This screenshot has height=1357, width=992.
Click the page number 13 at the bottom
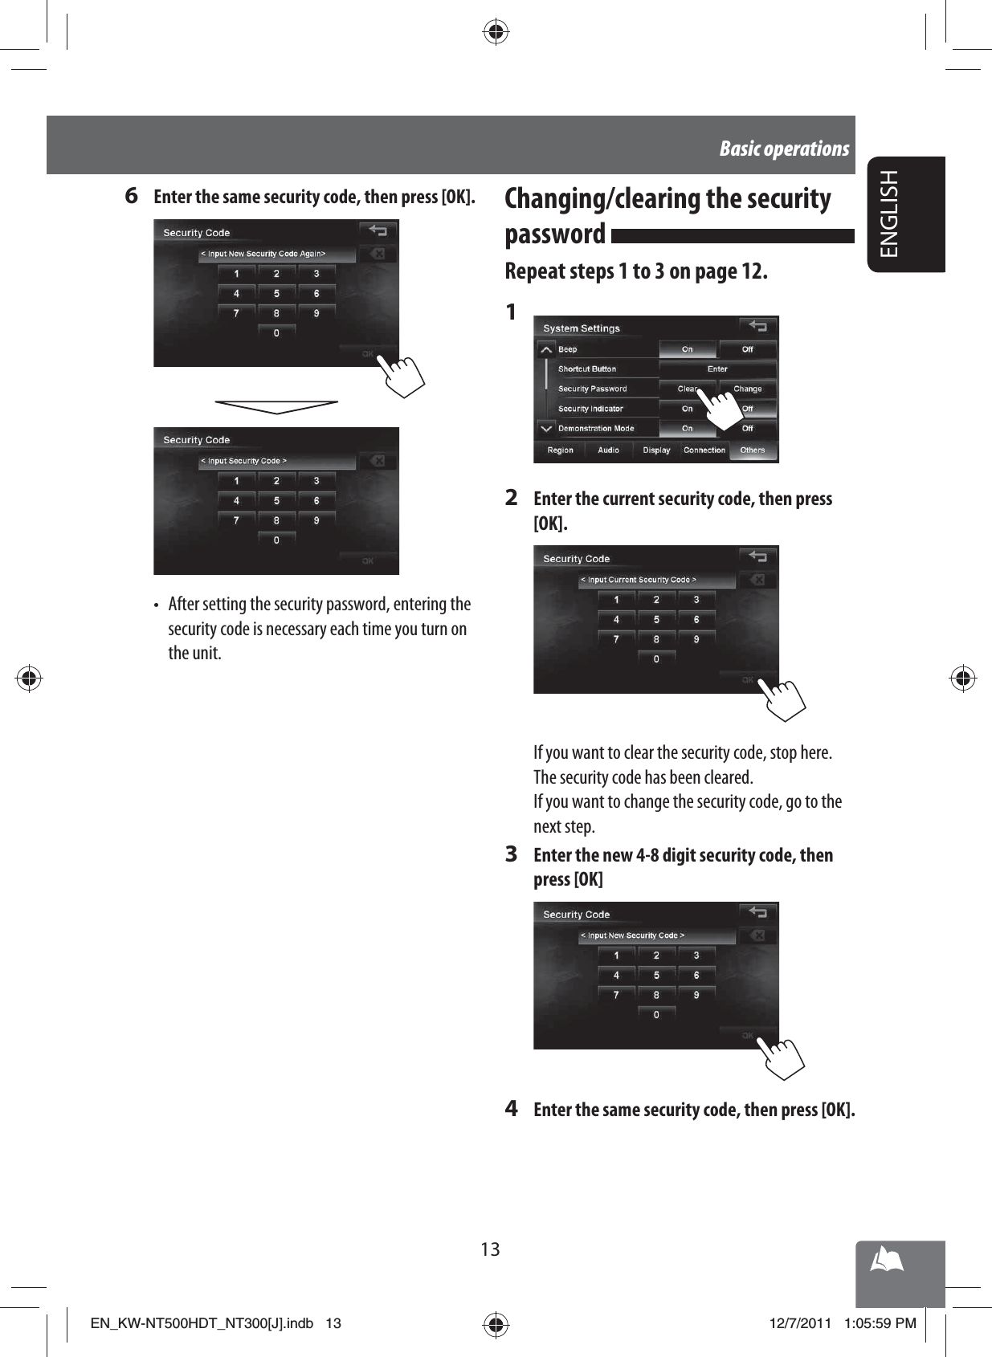pos(490,1249)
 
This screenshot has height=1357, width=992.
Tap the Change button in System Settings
pos(747,389)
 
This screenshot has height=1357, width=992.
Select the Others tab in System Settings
pos(753,450)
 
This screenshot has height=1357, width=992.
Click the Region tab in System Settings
pos(560,450)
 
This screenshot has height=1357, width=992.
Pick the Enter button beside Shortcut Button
pos(717,369)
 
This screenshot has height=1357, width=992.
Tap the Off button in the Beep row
pos(747,349)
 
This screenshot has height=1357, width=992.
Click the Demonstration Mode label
pos(596,429)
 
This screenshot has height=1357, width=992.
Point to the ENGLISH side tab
pos(890,214)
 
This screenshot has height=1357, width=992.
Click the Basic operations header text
pos(784,149)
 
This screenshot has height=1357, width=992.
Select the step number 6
pos(132,195)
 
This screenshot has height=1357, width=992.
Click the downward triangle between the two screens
pos(276,406)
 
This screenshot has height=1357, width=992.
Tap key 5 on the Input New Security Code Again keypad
pos(276,294)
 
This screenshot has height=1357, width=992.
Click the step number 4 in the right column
pos(512,1109)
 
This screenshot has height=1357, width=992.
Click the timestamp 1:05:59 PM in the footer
pos(880,1323)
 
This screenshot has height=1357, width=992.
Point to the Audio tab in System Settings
pos(608,450)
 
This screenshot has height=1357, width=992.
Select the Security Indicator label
pos(590,409)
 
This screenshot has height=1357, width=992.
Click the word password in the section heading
pos(555,234)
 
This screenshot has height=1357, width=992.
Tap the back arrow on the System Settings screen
pos(757,326)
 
